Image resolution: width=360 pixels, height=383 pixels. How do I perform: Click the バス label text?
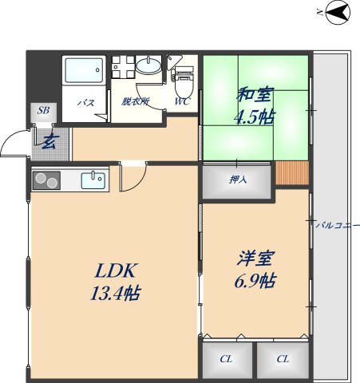(x=85, y=102)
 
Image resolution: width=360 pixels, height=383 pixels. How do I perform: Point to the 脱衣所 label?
(x=136, y=102)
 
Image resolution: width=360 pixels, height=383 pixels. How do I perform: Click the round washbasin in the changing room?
(x=147, y=67)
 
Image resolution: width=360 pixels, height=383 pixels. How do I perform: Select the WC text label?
(x=182, y=102)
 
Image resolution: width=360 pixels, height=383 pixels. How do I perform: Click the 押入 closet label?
(x=238, y=180)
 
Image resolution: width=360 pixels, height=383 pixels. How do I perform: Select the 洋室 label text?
(x=255, y=259)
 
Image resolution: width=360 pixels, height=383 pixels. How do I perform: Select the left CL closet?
(x=227, y=359)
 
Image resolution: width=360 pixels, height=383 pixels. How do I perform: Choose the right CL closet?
(x=283, y=359)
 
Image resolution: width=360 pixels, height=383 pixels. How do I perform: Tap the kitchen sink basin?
(x=93, y=180)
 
